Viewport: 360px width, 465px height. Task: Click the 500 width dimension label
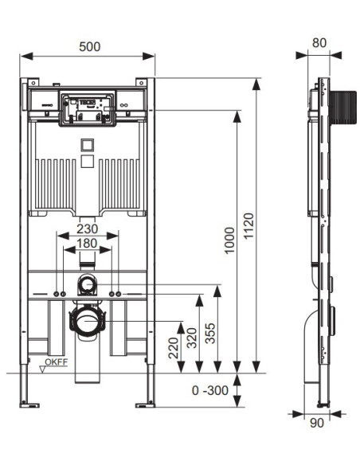point(89,46)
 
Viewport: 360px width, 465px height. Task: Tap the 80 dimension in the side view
point(319,43)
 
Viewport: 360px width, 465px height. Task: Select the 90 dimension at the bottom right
point(317,423)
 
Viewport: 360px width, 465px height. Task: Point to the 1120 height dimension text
point(248,225)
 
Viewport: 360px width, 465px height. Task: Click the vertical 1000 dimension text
point(229,240)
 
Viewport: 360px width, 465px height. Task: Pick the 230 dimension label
point(87,229)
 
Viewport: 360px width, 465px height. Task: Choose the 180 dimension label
point(87,243)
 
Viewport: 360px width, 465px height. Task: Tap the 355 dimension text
point(210,334)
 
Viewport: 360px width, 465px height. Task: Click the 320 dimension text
point(192,338)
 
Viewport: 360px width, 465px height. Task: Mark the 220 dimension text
point(174,348)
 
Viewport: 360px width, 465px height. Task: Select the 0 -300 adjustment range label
point(210,390)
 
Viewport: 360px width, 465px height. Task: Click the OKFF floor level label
point(56,361)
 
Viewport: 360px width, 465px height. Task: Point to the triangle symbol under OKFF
point(43,369)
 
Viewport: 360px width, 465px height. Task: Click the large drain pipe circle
point(88,321)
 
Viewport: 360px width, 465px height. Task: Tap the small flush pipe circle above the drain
point(87,284)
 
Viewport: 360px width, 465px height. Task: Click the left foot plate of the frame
point(29,404)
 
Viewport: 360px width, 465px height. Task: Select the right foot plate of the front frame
point(145,404)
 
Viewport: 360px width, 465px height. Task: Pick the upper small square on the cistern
point(87,146)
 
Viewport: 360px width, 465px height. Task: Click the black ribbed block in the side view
point(343,107)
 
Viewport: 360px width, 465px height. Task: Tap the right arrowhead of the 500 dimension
point(149,56)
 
